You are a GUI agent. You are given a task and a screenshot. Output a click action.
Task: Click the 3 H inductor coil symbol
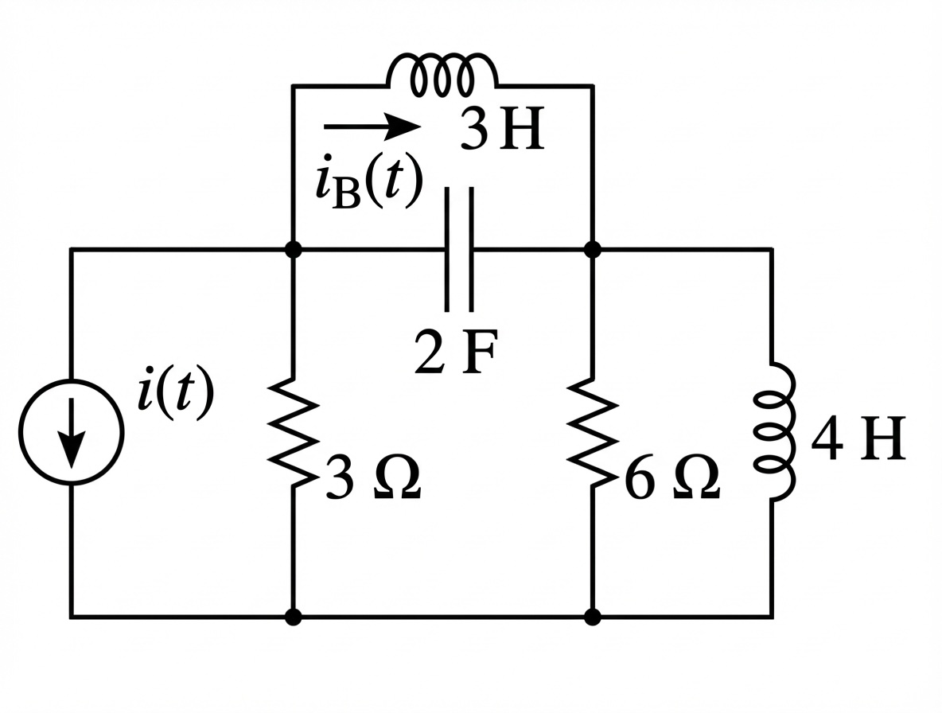pos(442,71)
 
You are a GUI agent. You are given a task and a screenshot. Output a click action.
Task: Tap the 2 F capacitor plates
pos(459,249)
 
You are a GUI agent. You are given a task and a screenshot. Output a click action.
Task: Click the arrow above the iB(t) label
pos(372,126)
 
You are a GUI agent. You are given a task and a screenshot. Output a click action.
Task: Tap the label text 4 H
pos(858,440)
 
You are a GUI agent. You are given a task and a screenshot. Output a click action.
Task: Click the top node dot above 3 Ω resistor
pos(294,249)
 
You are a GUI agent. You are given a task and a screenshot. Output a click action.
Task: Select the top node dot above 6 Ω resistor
pos(593,249)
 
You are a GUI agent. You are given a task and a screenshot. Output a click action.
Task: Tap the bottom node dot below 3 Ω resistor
pos(294,617)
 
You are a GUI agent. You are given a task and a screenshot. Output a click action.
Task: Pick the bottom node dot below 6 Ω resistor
pos(593,617)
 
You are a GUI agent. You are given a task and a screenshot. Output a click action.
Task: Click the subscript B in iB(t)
pos(344,195)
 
